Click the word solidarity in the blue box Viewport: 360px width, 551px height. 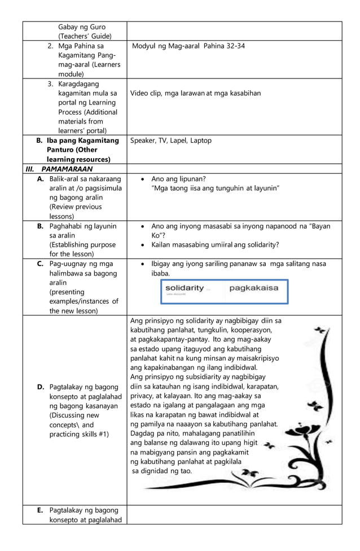click(x=185, y=288)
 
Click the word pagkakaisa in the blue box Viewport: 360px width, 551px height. click(x=253, y=288)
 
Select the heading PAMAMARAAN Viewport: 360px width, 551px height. click(x=67, y=169)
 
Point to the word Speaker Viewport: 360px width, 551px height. click(x=144, y=141)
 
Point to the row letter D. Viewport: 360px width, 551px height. click(x=41, y=387)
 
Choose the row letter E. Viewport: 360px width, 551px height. click(x=41, y=510)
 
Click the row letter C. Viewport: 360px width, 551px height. click(x=41, y=264)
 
